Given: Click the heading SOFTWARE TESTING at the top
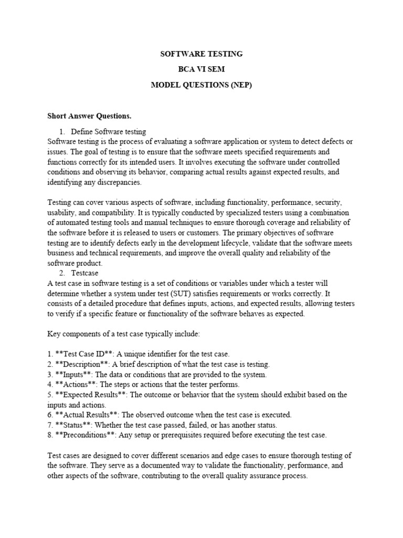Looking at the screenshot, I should (x=201, y=54).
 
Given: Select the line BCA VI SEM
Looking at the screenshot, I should (x=201, y=69).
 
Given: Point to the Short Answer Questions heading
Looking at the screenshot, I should (x=82, y=116).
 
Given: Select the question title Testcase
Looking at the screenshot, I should (x=84, y=273).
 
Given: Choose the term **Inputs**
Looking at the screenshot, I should (x=73, y=375).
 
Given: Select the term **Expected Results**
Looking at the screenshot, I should (x=92, y=395).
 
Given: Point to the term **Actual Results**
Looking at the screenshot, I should (x=87, y=415).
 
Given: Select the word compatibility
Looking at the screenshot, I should (x=119, y=213).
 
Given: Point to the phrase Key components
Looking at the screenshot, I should (x=77, y=334).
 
